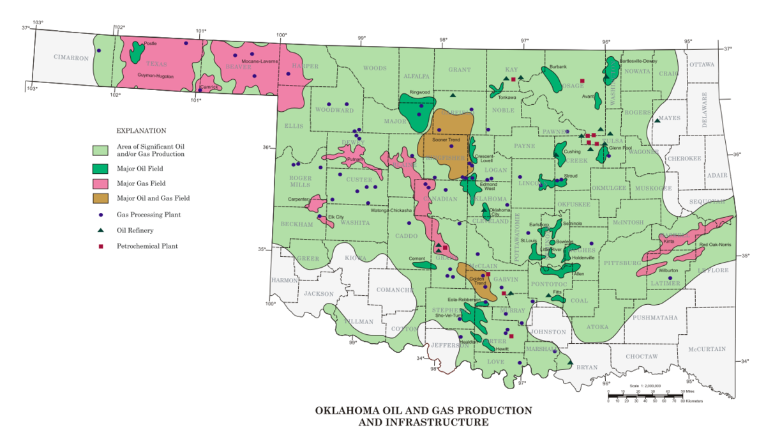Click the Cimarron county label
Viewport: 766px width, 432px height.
(x=71, y=58)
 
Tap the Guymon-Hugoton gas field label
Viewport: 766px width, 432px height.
(x=155, y=76)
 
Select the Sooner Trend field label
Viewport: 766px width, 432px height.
(x=446, y=139)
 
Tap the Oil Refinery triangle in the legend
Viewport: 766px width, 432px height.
(x=101, y=230)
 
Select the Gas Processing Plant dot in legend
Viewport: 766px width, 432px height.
(x=101, y=215)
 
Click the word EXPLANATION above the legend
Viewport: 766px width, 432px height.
(x=142, y=131)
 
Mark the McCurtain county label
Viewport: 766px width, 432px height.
(x=706, y=349)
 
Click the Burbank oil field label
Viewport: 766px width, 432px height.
(x=558, y=66)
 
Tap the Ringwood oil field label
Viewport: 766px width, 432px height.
(x=420, y=92)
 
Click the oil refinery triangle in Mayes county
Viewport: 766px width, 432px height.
(x=657, y=120)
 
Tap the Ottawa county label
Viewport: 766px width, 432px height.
(x=702, y=65)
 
